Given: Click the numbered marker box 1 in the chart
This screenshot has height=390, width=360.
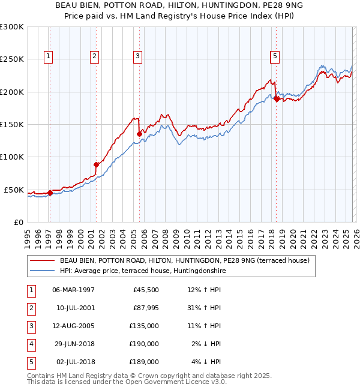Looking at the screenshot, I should click(48, 56).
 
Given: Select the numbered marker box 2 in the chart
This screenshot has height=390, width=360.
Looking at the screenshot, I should click(94, 56).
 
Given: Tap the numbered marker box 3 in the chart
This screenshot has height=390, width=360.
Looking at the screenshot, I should click(137, 56).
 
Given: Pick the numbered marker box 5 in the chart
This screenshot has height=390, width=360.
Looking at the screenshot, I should click(274, 56).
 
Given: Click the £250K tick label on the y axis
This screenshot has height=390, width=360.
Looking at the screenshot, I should click(12, 59).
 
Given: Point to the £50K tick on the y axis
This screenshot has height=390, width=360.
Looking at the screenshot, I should click(14, 190).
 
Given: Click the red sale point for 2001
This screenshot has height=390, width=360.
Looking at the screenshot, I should click(96, 164).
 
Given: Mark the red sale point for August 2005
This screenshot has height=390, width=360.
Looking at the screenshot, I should click(139, 134).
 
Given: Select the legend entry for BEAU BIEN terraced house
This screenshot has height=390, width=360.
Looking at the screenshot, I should click(184, 260).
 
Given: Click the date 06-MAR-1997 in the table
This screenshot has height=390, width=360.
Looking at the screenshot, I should click(73, 290).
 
